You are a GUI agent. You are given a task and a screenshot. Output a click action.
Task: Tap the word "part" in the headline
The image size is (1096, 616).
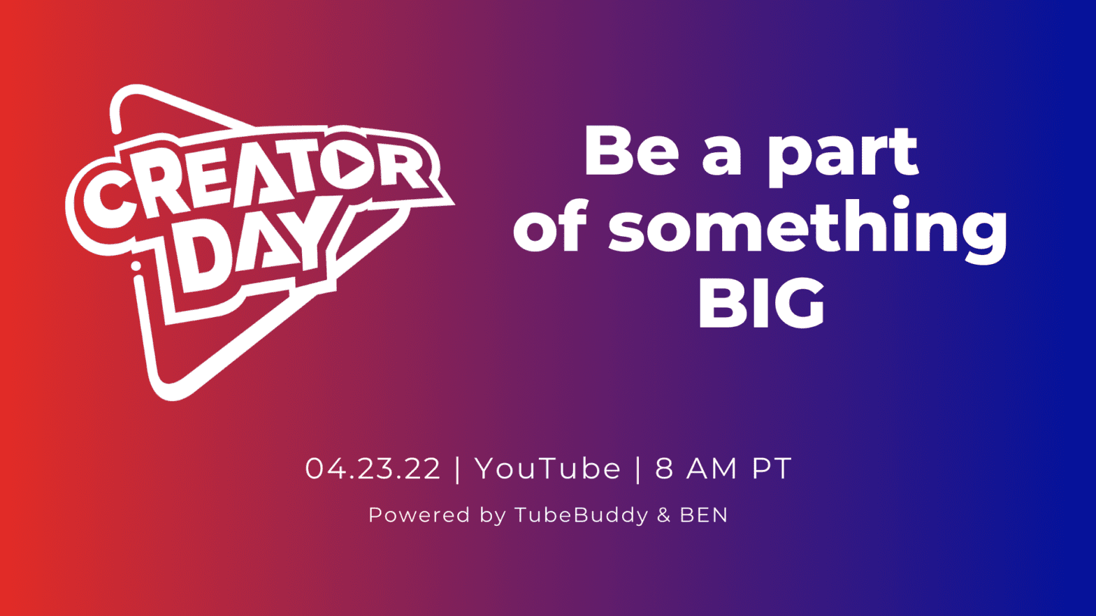842,154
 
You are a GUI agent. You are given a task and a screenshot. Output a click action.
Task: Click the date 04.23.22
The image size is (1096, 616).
373,469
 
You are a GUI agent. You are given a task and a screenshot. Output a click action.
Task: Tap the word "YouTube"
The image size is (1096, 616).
547,469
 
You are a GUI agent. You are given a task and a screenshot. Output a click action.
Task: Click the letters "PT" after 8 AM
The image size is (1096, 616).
772,469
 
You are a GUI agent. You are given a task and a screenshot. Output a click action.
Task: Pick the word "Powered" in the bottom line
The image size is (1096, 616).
419,515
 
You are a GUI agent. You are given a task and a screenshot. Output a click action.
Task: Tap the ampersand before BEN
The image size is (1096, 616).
663,515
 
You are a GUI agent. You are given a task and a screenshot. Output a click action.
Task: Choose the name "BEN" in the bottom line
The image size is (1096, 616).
704,515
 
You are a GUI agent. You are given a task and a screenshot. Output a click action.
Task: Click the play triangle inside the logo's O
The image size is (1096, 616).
352,165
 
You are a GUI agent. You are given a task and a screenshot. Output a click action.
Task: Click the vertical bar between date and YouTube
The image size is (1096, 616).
458,469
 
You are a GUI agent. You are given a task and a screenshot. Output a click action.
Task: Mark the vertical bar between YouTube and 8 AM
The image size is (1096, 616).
638,469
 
